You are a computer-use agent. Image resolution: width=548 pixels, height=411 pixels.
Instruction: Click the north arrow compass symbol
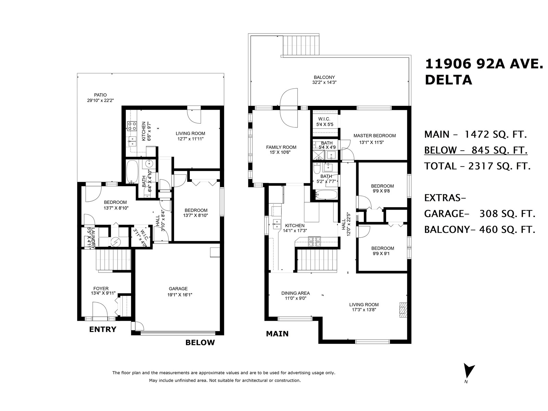pyautogui.click(x=468, y=371)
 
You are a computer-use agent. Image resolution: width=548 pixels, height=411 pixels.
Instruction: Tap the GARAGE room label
pyautogui.click(x=178, y=289)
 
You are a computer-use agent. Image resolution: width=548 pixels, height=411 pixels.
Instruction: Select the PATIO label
pyautogui.click(x=100, y=95)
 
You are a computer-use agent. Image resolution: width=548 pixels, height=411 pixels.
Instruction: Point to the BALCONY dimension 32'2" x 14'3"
pyautogui.click(x=324, y=83)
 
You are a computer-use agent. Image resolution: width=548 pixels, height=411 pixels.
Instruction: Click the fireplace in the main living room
pyautogui.click(x=403, y=310)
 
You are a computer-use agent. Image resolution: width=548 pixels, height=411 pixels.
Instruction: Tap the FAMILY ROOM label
pyautogui.click(x=281, y=147)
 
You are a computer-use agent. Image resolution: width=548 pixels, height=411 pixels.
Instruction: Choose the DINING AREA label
pyautogui.click(x=295, y=293)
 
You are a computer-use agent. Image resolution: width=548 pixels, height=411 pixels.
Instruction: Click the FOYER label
pyautogui.click(x=101, y=289)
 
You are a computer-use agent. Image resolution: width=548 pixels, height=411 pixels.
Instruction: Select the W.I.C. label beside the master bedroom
pyautogui.click(x=324, y=119)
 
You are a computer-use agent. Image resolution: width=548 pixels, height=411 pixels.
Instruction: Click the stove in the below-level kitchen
pyautogui.click(x=132, y=126)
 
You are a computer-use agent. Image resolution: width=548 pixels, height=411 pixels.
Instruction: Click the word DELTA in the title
pyautogui.click(x=448, y=80)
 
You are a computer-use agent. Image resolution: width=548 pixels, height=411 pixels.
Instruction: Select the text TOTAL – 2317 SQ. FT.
pyautogui.click(x=477, y=166)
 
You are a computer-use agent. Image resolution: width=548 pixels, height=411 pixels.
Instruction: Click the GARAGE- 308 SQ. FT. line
pyautogui.click(x=480, y=214)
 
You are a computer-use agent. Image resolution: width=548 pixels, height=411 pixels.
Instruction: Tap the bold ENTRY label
pyautogui.click(x=102, y=329)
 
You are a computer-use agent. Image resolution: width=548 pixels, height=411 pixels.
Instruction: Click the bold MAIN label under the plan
pyautogui.click(x=277, y=334)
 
